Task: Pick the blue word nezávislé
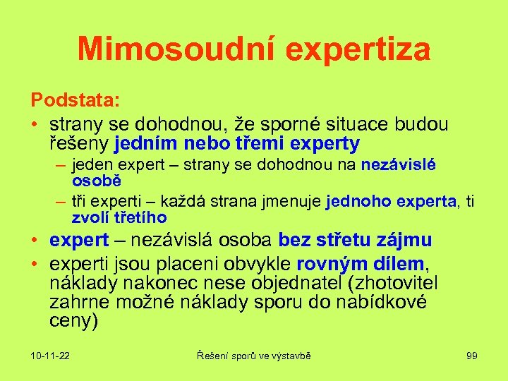coord(399,165)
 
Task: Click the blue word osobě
coord(93,181)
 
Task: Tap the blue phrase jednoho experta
coord(391,202)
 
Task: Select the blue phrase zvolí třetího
coord(119,217)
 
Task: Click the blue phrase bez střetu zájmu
coord(355,241)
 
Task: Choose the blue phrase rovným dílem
coord(361,264)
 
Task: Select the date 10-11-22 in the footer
coord(50,356)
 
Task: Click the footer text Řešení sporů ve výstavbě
coord(253,356)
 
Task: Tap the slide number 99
coord(472,356)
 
